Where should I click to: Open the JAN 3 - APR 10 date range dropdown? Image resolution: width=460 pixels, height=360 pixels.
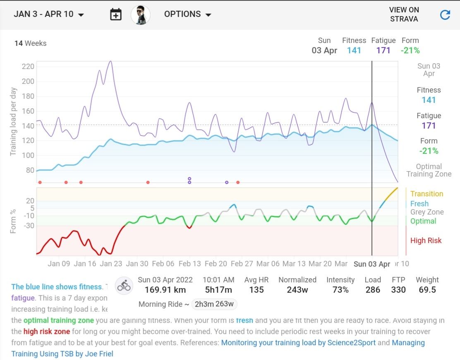point(49,14)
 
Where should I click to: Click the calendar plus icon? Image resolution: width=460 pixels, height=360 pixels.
point(116,15)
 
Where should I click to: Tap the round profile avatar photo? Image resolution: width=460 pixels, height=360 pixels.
point(141,15)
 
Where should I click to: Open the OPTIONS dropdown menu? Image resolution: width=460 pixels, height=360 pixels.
point(188,14)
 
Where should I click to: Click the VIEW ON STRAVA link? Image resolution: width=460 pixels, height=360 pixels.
point(404,14)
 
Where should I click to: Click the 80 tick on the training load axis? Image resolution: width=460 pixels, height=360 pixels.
point(30,170)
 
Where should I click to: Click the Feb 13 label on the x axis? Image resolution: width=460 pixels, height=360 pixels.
point(189,264)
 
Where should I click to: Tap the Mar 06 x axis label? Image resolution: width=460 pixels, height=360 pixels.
point(268,264)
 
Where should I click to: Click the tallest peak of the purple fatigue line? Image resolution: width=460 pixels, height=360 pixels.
point(110,61)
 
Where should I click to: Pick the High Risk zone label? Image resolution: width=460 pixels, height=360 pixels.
point(426,241)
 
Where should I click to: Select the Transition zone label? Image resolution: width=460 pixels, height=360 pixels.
point(426,194)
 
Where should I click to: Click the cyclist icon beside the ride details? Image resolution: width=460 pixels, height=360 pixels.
point(124,285)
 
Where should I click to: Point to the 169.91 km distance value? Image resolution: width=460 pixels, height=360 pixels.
point(162,290)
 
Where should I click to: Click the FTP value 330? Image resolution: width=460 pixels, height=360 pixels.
point(398,290)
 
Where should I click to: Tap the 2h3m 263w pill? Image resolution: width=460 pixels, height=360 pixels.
point(214,305)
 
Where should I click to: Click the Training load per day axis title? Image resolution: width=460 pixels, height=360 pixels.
point(13,121)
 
